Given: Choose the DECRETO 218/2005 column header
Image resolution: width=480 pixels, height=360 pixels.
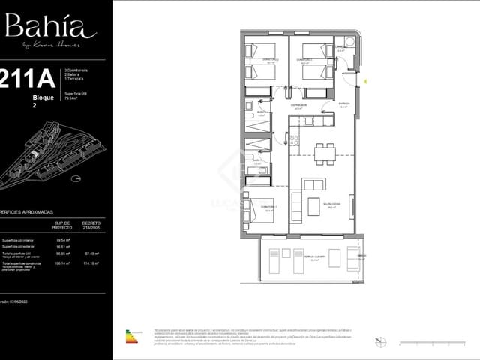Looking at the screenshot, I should pyautogui.click(x=91, y=225).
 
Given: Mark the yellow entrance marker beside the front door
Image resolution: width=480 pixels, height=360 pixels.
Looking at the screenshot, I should pyautogui.click(x=365, y=79).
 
